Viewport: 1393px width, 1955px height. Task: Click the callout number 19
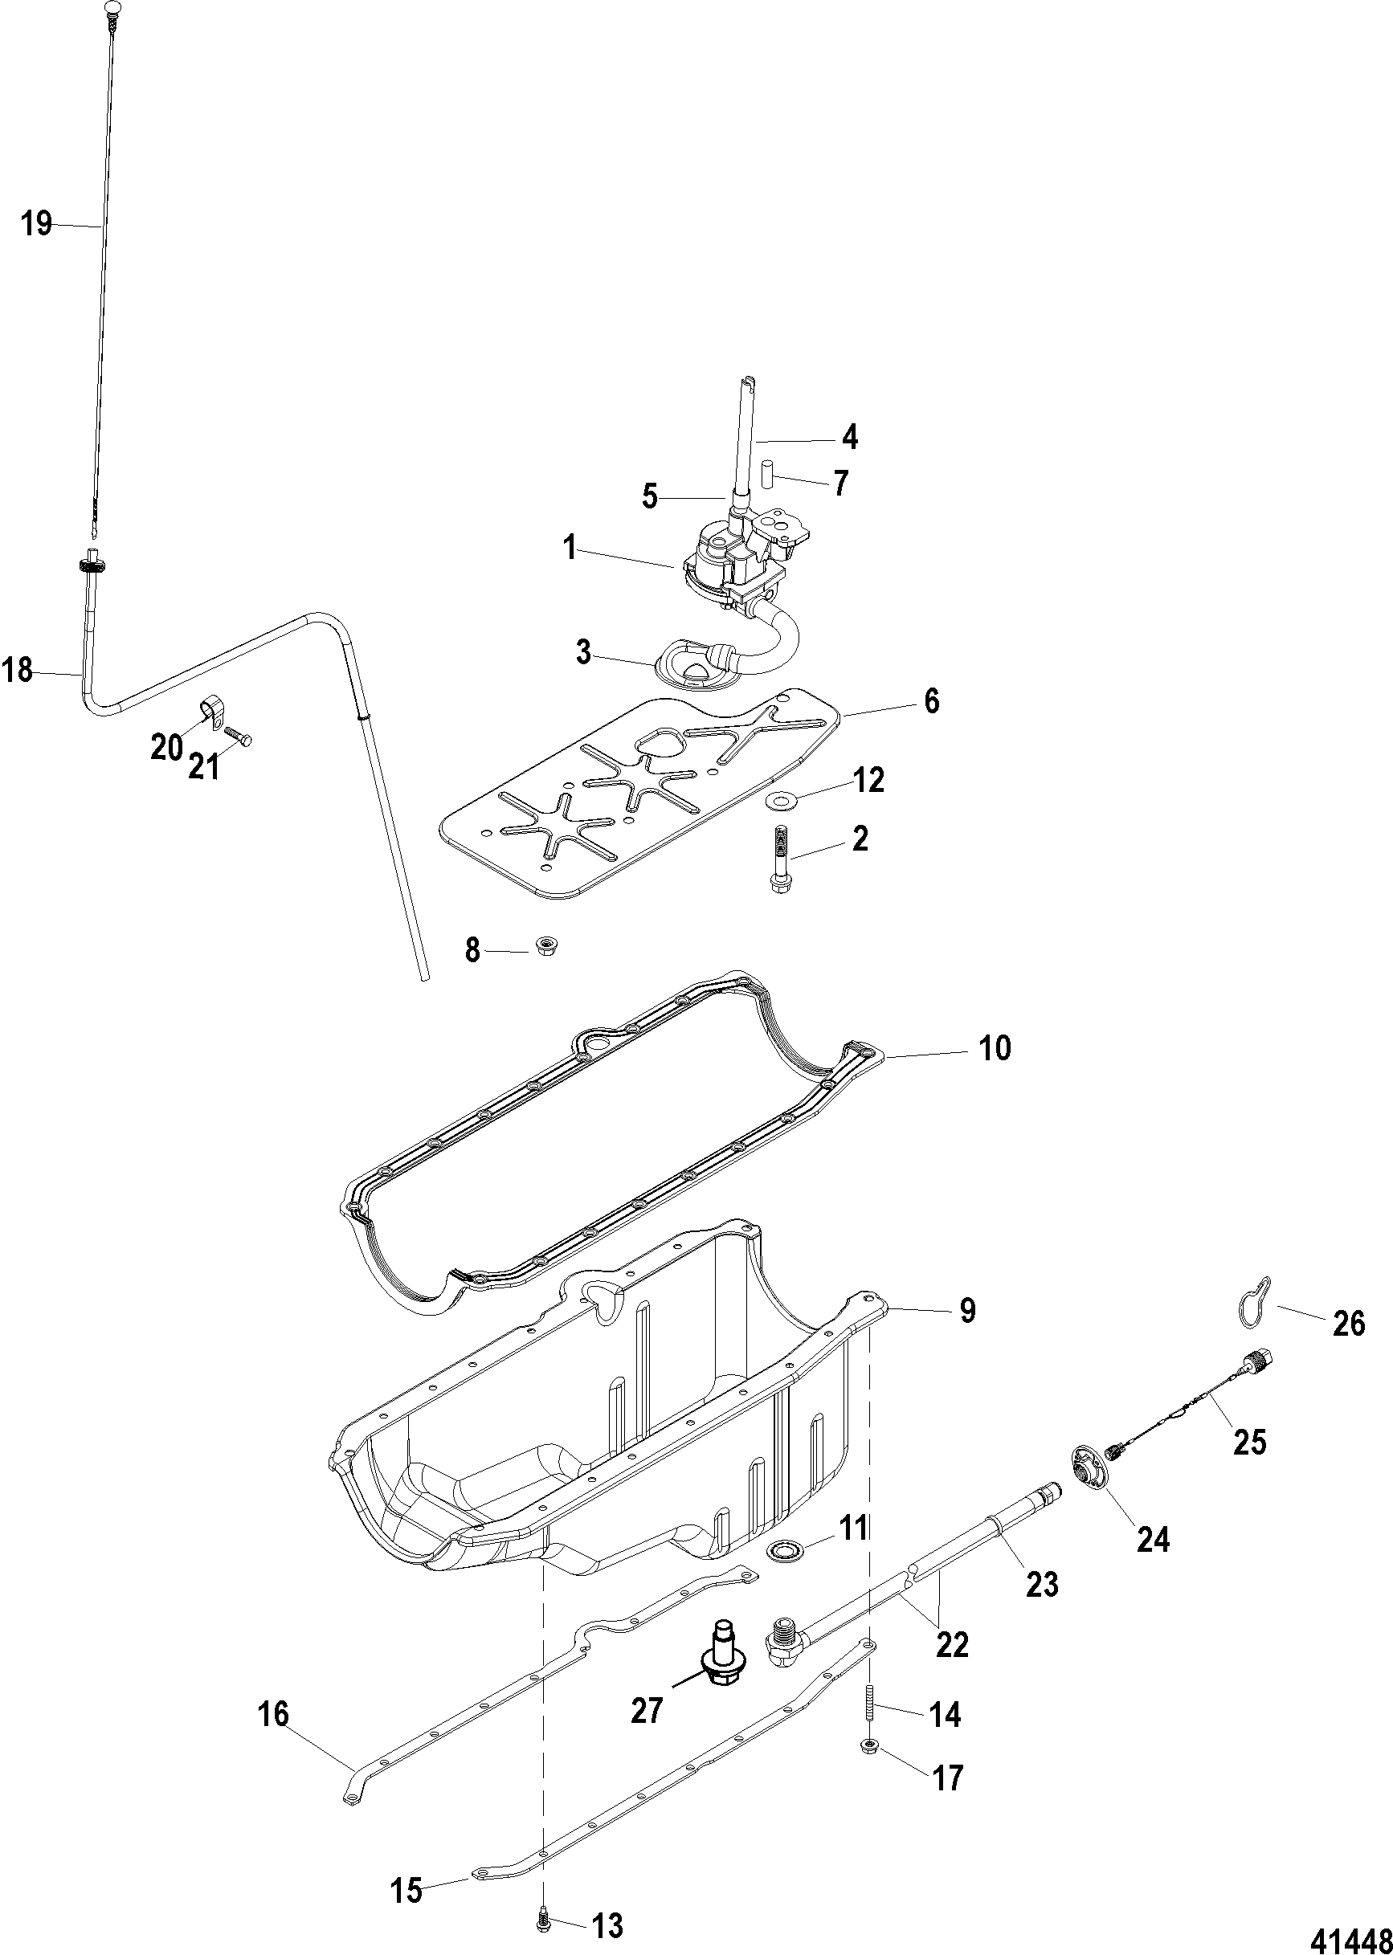tap(37, 225)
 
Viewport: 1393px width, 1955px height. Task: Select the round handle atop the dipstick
tap(113, 10)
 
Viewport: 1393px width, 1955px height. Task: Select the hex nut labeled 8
tap(543, 946)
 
